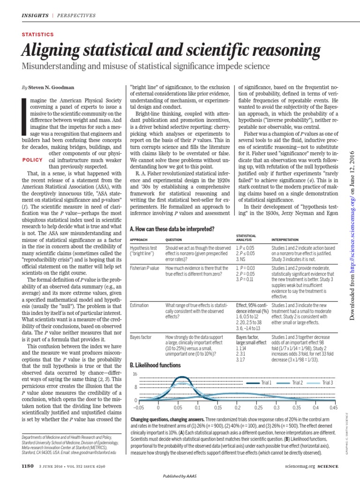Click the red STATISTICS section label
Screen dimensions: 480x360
coord(38,35)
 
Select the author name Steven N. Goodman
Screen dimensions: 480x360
coord(52,87)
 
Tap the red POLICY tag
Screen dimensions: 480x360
coord(33,160)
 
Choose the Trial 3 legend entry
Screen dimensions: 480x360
coord(328,383)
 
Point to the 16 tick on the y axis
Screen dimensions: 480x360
coord(135,374)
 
